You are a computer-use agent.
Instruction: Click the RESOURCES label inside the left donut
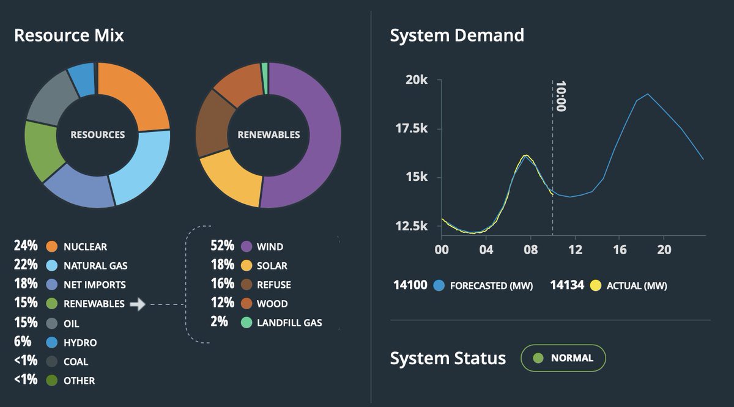click(98, 134)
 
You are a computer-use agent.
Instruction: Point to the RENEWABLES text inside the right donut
click(269, 134)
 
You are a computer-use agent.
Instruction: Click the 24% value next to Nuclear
click(25, 246)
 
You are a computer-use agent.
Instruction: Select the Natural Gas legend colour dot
click(52, 266)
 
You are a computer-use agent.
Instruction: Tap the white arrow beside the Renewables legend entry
click(138, 304)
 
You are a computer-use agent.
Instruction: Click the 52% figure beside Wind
click(222, 246)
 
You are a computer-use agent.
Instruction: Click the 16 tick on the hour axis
click(619, 250)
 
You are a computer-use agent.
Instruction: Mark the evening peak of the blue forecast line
click(648, 94)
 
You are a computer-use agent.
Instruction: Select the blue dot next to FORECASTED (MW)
click(439, 285)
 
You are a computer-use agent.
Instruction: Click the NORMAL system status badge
click(563, 358)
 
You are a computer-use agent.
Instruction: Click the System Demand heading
click(457, 35)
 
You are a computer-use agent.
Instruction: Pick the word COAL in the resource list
click(76, 361)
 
